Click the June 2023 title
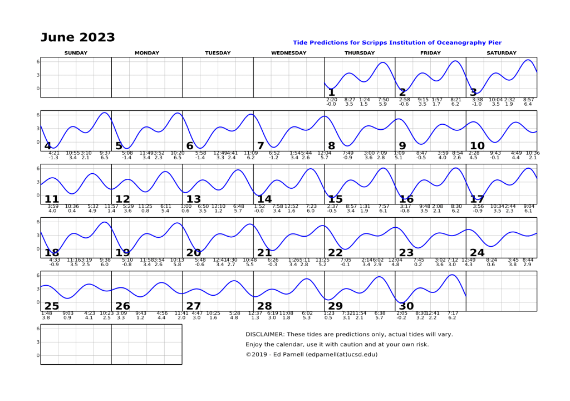click(x=77, y=37)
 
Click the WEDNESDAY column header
click(x=288, y=53)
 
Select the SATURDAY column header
click(x=501, y=53)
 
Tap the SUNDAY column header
click(x=76, y=53)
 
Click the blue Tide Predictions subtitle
click(x=397, y=42)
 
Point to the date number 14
click(x=264, y=199)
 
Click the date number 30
click(x=406, y=306)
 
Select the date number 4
click(x=48, y=146)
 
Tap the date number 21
click(x=264, y=253)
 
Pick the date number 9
click(x=402, y=146)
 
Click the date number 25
click(x=51, y=306)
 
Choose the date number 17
click(x=477, y=199)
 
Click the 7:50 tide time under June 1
click(x=383, y=100)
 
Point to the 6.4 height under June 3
click(x=528, y=104)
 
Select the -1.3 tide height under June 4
click(x=53, y=158)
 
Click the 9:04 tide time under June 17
click(x=528, y=207)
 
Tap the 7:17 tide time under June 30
click(x=453, y=313)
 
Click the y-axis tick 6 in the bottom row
click(x=37, y=329)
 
